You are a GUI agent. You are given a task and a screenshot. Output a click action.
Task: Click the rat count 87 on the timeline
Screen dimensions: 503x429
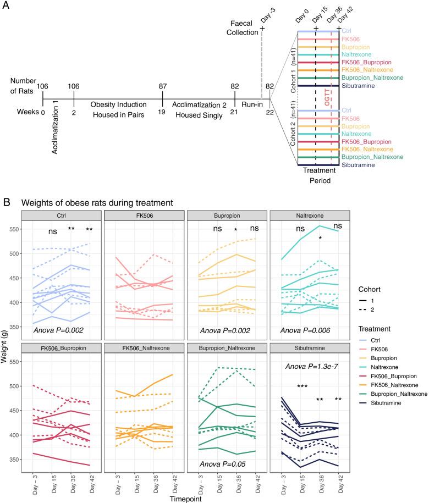pos(163,86)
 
